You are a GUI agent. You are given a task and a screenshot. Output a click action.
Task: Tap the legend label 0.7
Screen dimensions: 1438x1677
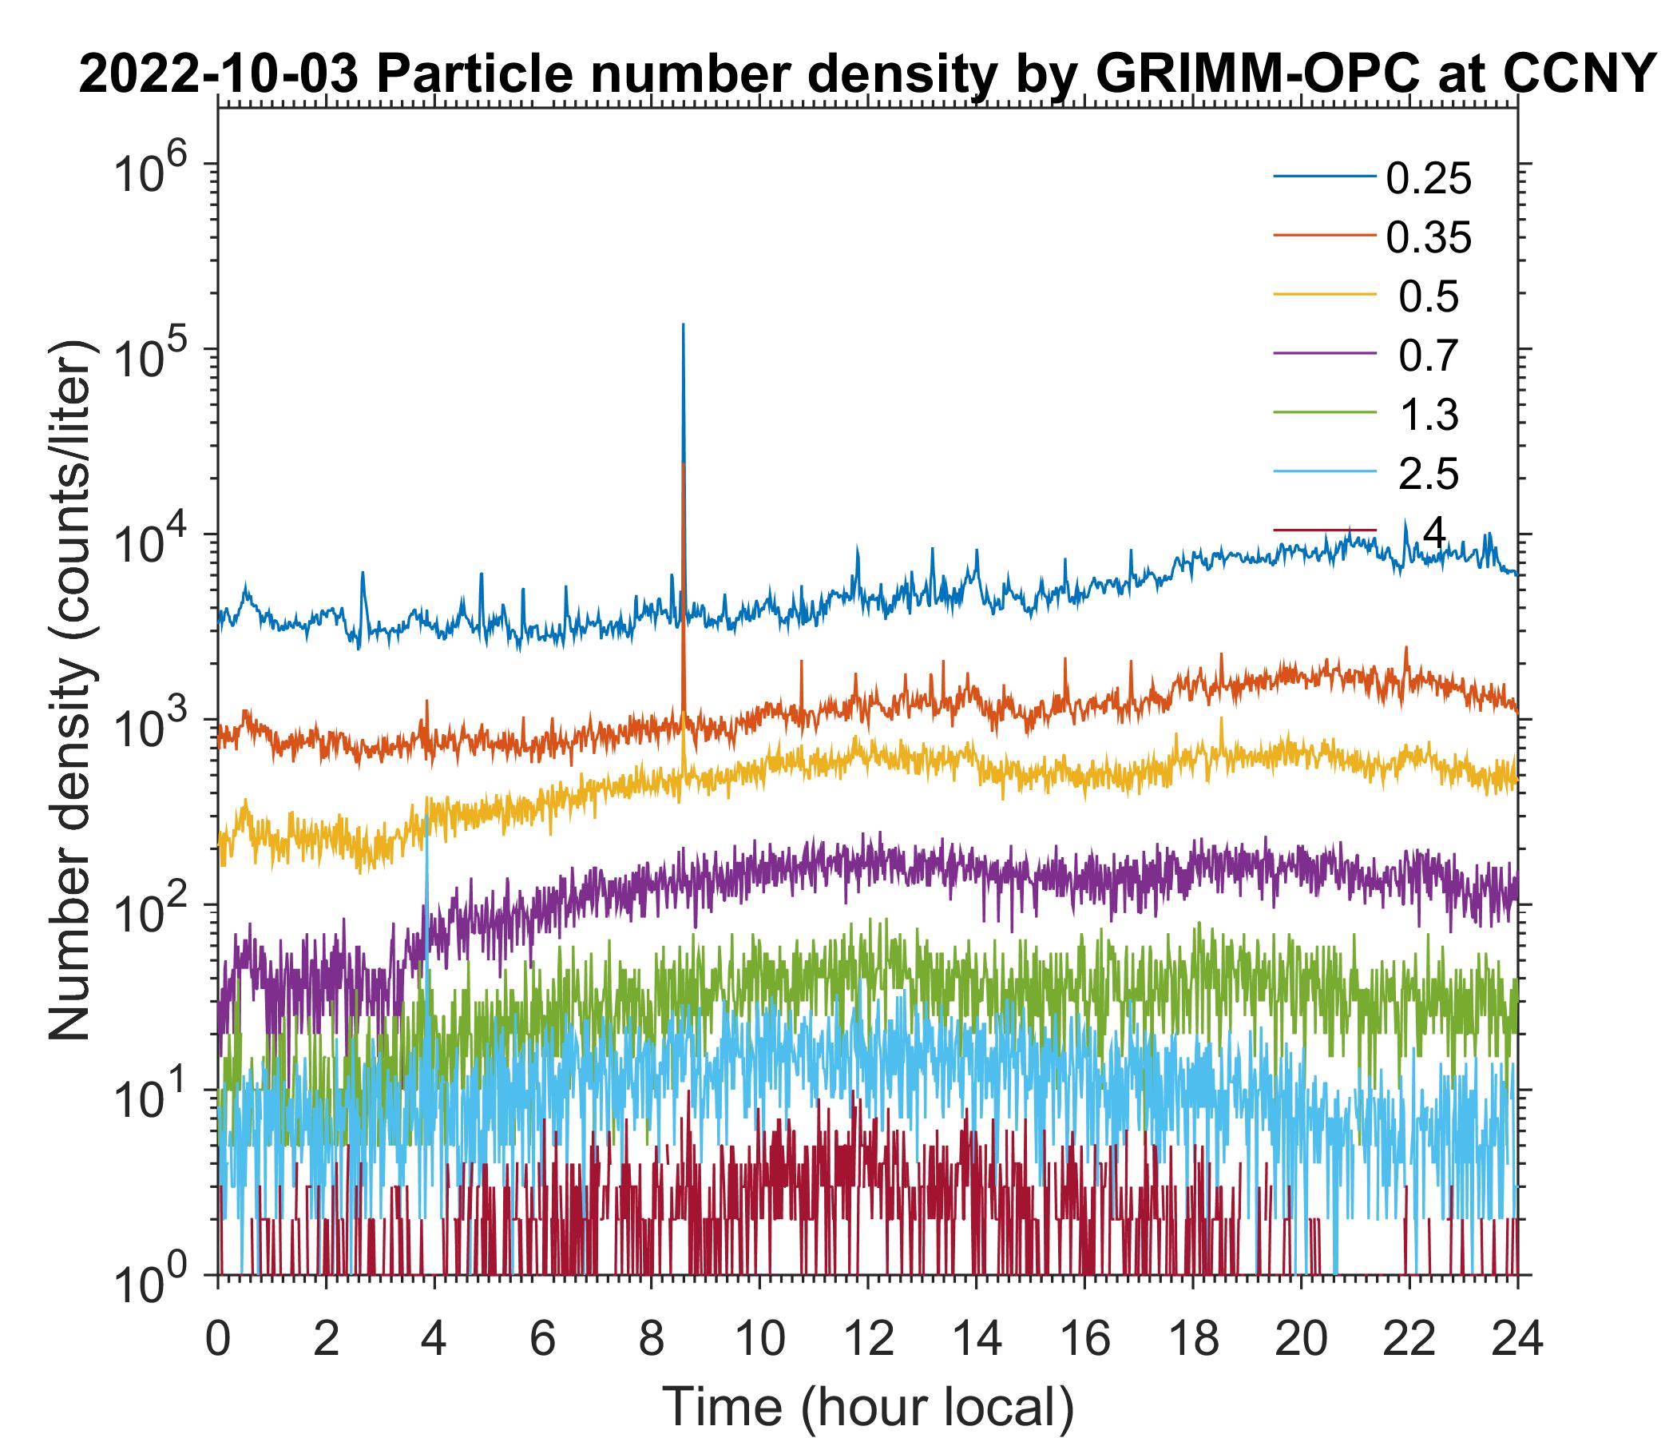tap(1428, 356)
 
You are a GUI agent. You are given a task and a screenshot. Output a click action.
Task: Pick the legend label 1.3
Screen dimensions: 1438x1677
tap(1428, 415)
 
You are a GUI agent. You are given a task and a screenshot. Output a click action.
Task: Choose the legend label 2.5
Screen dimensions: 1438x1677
tap(1428, 475)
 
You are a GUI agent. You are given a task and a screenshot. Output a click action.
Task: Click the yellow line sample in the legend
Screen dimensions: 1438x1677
tap(1325, 297)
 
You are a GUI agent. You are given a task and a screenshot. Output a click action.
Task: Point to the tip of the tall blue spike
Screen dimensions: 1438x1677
tap(683, 324)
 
